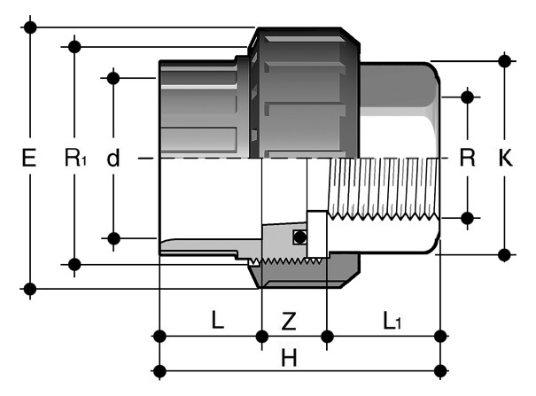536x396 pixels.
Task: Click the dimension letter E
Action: pos(29,158)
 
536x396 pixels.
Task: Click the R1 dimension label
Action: pos(75,158)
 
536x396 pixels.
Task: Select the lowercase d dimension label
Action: pos(113,159)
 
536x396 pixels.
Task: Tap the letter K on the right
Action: pos(505,158)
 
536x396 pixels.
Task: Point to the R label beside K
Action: pos(467,158)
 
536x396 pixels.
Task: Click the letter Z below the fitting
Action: pos(289,322)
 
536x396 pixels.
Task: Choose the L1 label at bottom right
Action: pos(392,322)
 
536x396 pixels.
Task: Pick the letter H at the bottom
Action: pos(289,358)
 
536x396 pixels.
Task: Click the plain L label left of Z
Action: pos(217,320)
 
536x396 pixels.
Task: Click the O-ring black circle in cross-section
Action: pos(299,237)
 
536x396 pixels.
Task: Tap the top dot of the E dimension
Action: pos(30,27)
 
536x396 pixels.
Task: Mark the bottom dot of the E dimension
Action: pos(30,289)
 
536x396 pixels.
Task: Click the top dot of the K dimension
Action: pos(505,61)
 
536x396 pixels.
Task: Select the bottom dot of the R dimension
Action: pos(467,218)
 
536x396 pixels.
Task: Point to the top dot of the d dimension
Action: pos(113,78)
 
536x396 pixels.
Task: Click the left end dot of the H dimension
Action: pos(159,370)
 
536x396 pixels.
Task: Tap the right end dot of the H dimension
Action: pos(440,370)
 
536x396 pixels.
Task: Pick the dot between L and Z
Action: pos(262,337)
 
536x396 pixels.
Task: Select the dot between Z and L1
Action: pos(327,337)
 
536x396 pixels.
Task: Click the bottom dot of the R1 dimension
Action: pos(74,265)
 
